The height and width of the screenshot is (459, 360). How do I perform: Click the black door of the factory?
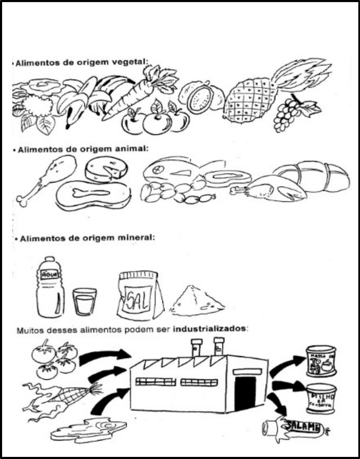(245, 393)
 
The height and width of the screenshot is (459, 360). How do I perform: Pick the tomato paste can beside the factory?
(321, 360)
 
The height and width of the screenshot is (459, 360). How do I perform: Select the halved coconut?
(200, 98)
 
